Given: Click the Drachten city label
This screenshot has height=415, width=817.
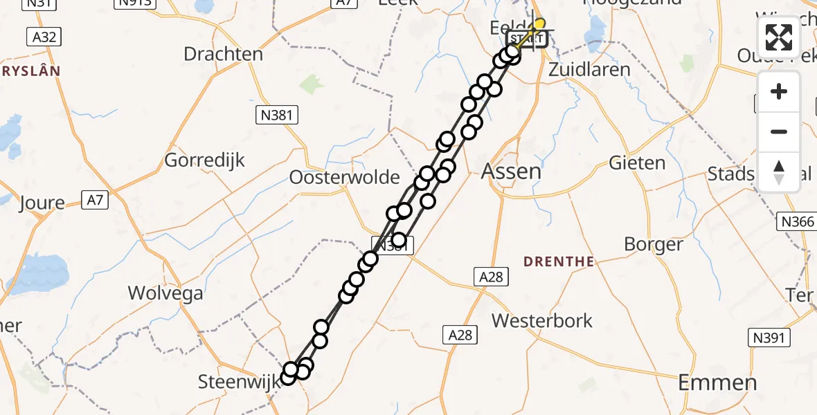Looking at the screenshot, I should (x=223, y=54).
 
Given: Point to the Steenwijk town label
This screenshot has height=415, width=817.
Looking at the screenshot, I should (x=238, y=381).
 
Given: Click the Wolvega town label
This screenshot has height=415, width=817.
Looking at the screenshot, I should (x=165, y=293).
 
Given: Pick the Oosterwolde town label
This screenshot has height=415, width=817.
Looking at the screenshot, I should (x=344, y=178).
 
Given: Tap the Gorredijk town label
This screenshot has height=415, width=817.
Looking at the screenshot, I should (x=205, y=161).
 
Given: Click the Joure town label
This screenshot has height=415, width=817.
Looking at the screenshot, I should (x=42, y=203).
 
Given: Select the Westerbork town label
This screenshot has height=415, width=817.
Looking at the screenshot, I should (x=542, y=321).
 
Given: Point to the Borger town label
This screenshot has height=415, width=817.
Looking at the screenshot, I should (x=653, y=244).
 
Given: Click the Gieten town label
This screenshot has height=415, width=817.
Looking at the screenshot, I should (x=637, y=163).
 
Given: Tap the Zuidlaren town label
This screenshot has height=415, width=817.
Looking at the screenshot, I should (x=589, y=70).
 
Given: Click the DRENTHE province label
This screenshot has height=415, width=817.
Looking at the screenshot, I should (x=559, y=261).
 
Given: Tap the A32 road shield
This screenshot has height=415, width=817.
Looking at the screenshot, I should (x=44, y=37).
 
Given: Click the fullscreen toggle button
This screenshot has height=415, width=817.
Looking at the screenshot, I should (x=779, y=37).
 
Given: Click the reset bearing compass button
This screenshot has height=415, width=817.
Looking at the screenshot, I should (x=779, y=172).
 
